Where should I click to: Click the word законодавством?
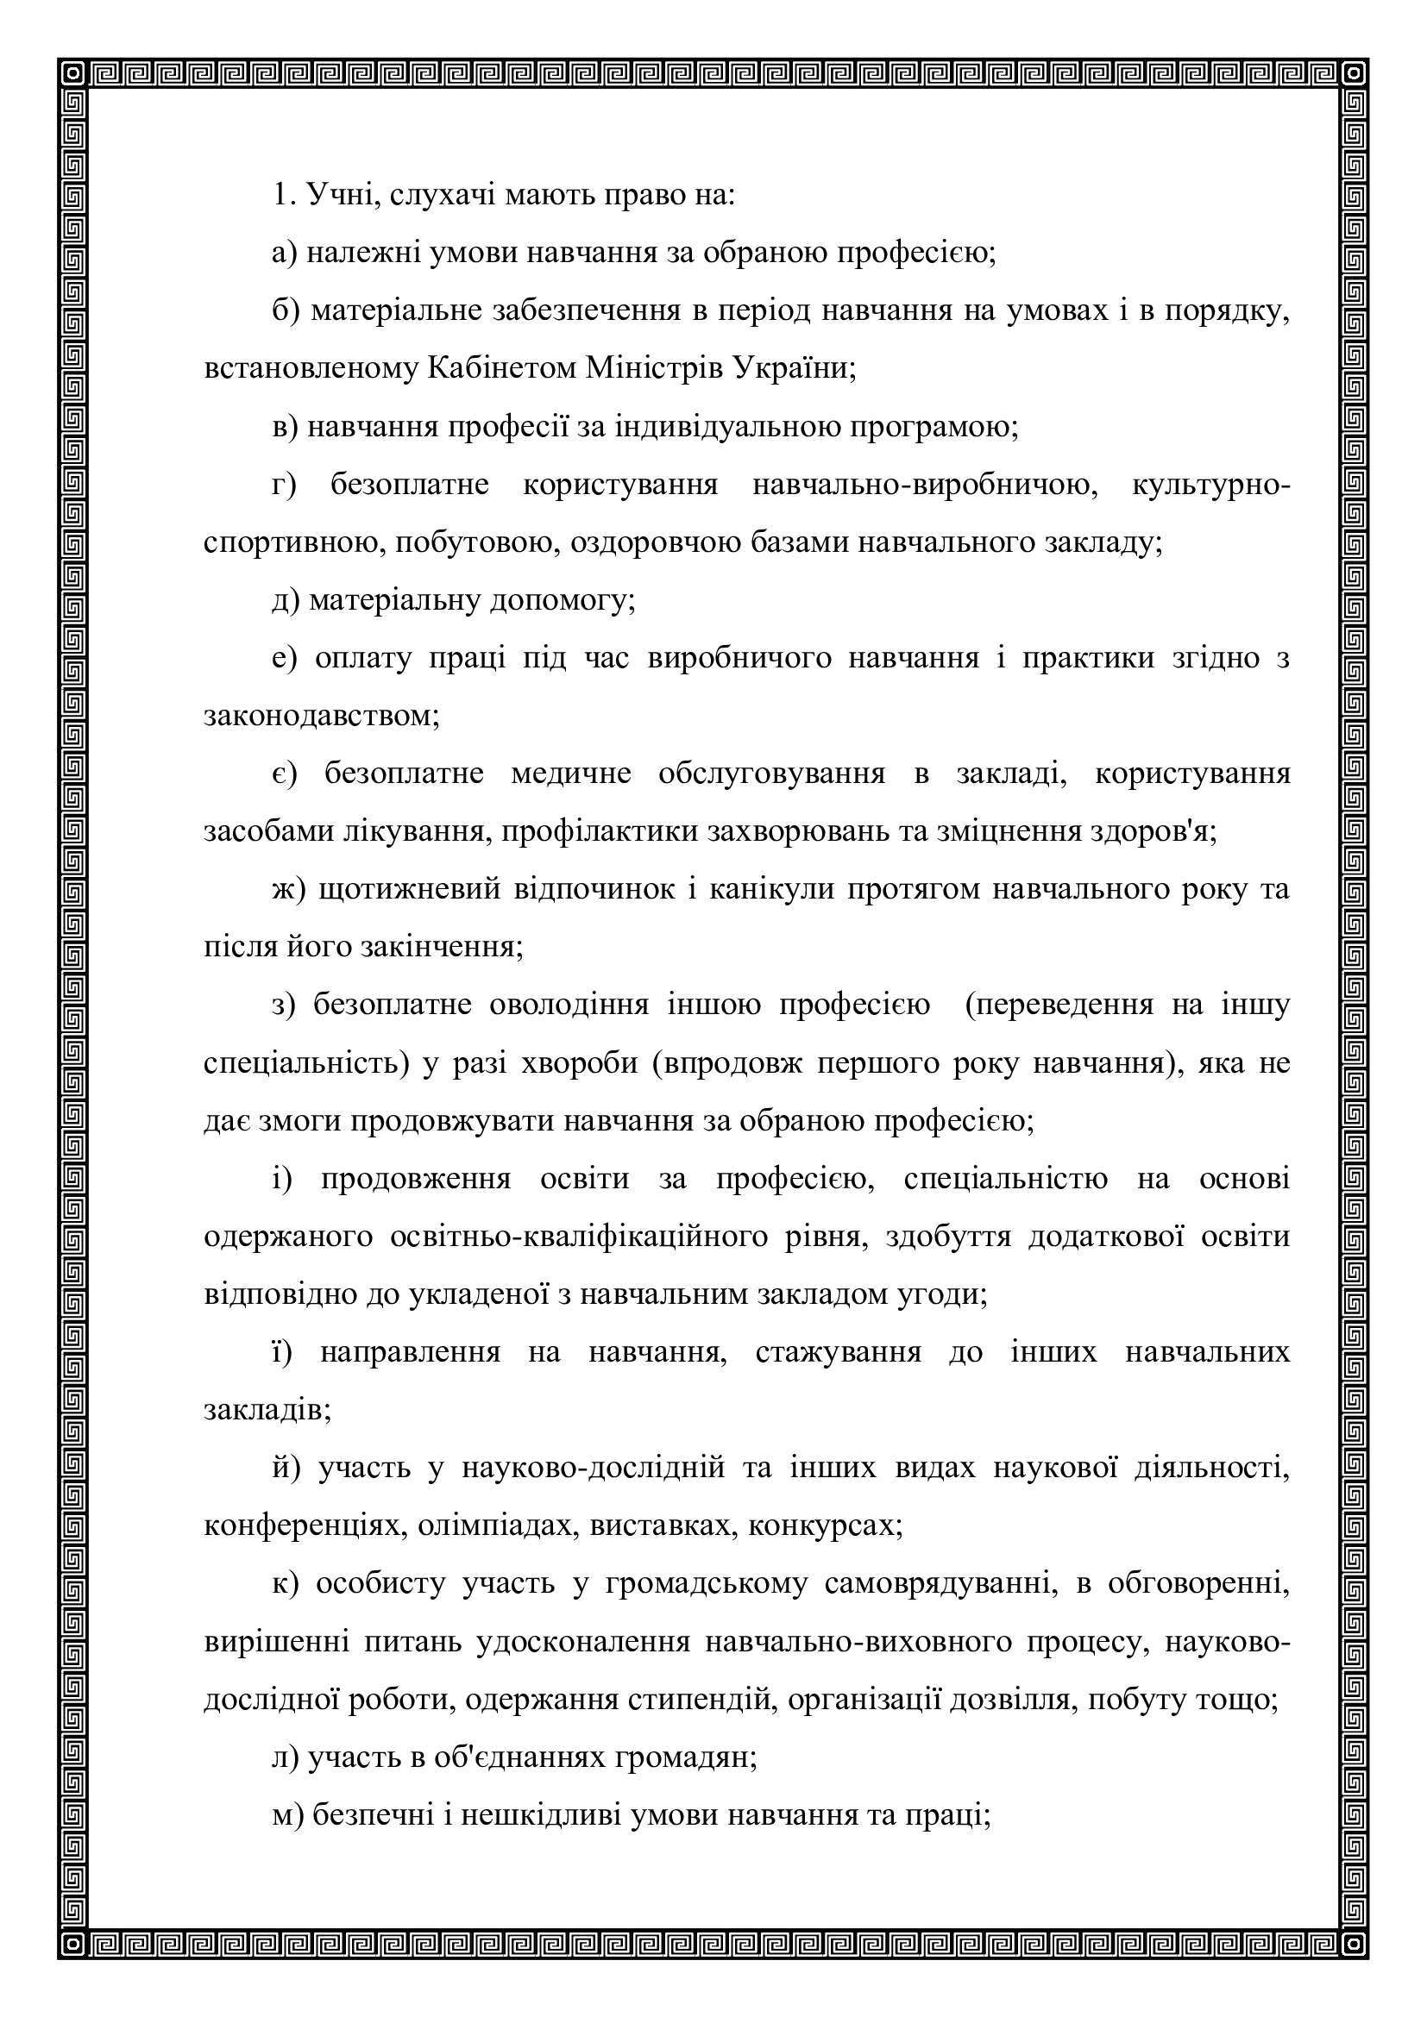pos(322,716)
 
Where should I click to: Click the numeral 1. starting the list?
pos(281,195)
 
